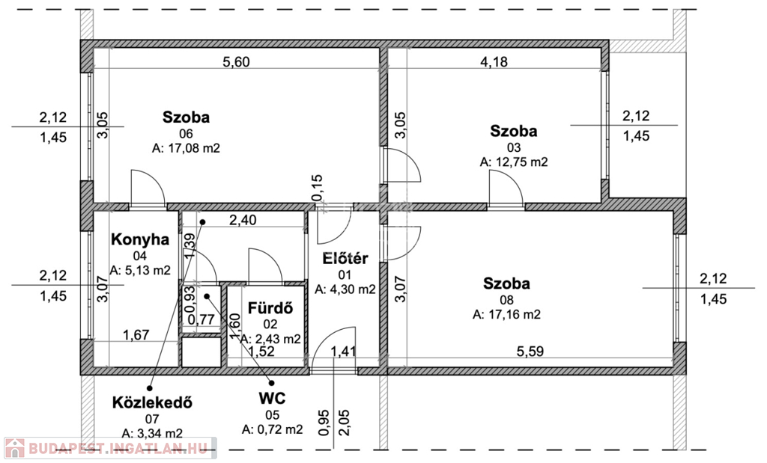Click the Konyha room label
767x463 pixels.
(x=140, y=239)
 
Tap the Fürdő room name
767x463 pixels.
(x=270, y=308)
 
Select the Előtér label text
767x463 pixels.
(x=345, y=258)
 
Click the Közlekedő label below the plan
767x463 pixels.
(x=152, y=402)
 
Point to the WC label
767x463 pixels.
(x=272, y=399)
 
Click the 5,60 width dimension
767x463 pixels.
(x=236, y=62)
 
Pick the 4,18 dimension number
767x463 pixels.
(x=494, y=62)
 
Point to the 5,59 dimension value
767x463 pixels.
(x=530, y=351)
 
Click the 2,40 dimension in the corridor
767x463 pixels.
(x=243, y=220)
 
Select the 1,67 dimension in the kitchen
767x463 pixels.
(x=136, y=335)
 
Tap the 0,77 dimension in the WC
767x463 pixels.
(x=201, y=320)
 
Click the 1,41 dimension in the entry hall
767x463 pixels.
(x=343, y=351)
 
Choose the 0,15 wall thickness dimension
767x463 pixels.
(x=317, y=188)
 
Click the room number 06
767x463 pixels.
(x=186, y=133)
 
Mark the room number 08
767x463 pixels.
(x=506, y=300)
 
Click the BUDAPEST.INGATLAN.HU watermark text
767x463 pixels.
(x=118, y=448)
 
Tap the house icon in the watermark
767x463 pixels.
(x=14, y=448)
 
